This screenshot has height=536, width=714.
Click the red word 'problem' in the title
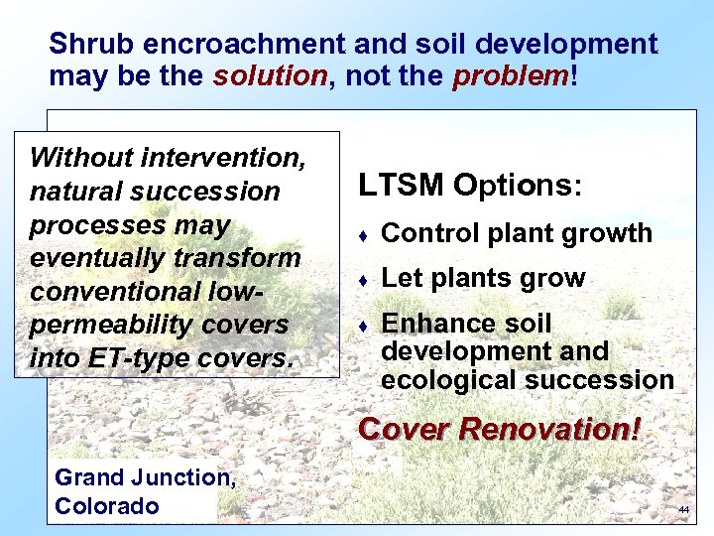point(511,75)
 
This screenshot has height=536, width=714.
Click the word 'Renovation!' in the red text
point(571,430)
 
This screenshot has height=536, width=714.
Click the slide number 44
point(683,509)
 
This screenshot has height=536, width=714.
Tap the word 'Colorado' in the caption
point(107,506)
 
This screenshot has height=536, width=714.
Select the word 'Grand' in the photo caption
point(89,477)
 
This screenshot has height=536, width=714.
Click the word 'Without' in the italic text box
point(80,158)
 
